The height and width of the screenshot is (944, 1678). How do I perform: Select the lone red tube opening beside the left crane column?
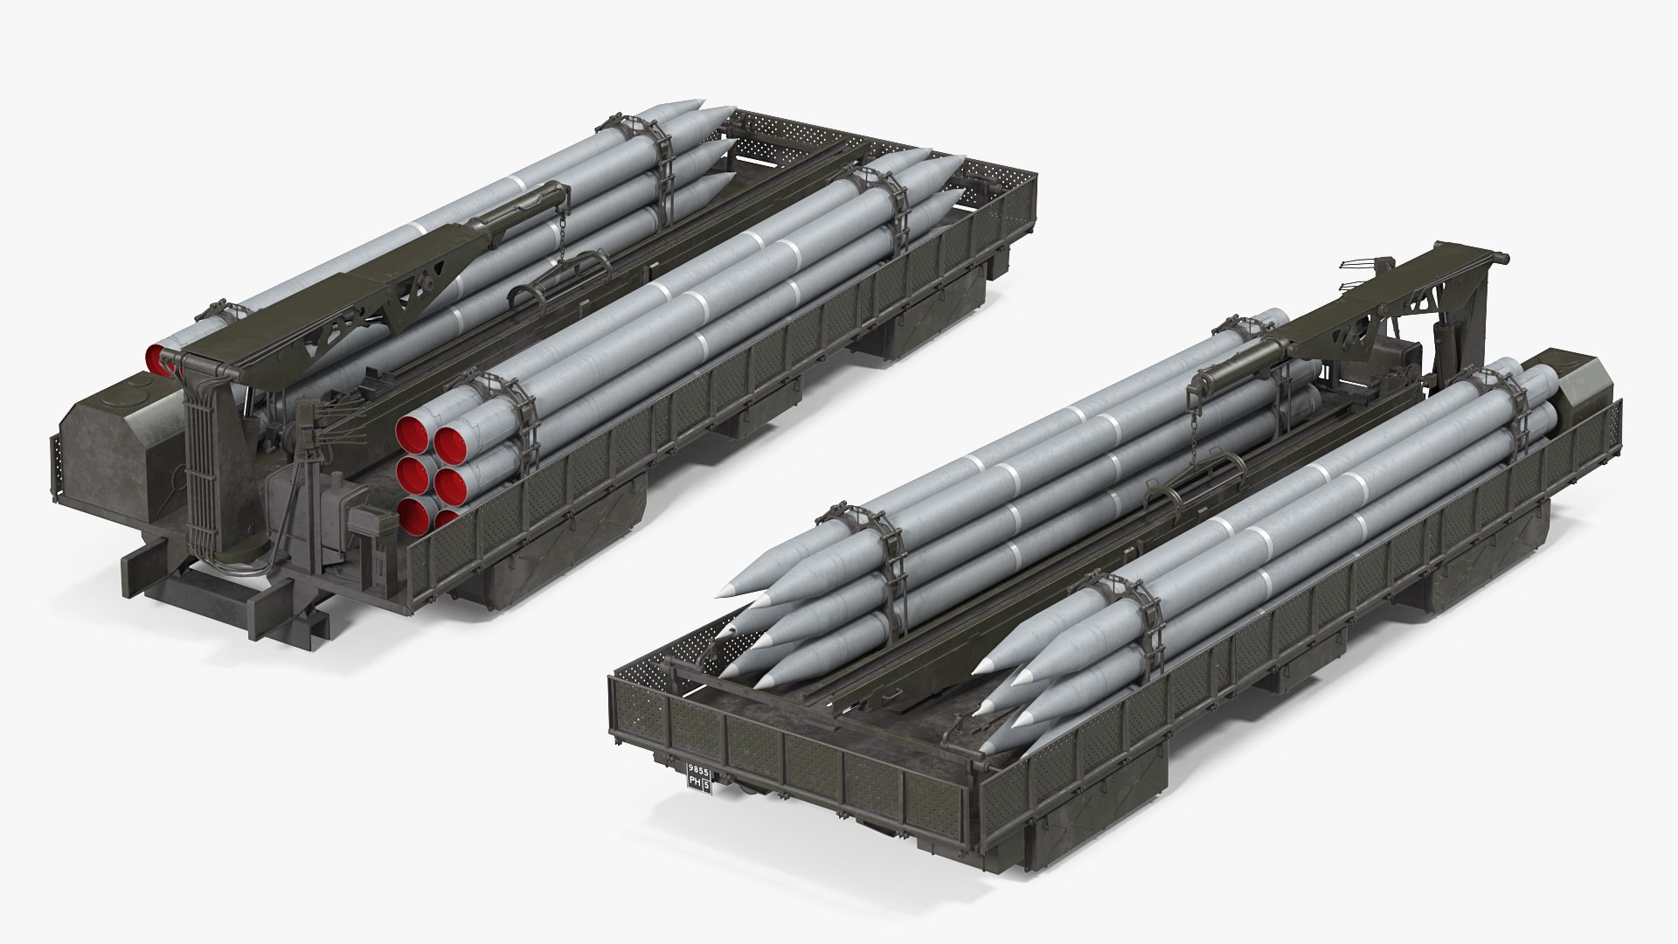[x=159, y=357]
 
